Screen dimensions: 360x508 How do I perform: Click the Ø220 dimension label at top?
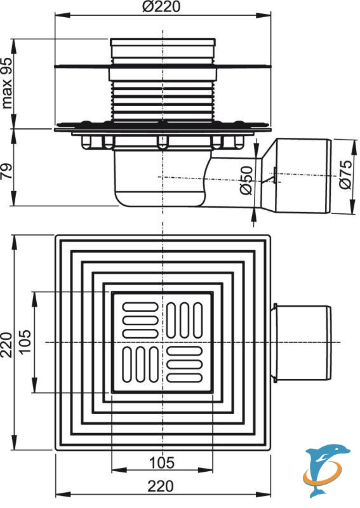coord(161,6)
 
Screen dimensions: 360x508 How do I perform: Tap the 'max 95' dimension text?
coord(7,83)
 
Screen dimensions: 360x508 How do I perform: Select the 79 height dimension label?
coord(7,171)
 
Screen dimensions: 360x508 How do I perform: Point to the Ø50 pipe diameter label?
coord(246,180)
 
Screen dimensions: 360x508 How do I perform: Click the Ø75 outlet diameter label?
coord(345,174)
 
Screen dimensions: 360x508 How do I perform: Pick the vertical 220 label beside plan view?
coord(7,345)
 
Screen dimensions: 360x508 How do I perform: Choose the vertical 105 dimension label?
coord(25,341)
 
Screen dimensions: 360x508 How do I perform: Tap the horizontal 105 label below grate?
coord(162,463)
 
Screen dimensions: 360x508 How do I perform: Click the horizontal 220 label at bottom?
coord(161,486)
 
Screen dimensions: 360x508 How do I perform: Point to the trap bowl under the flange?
coord(160,178)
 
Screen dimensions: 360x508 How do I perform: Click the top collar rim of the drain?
coord(163,42)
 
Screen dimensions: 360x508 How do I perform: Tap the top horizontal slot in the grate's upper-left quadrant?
coord(140,307)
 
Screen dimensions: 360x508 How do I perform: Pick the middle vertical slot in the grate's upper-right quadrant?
coord(184,321)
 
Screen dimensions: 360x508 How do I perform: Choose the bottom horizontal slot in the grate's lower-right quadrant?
coord(184,378)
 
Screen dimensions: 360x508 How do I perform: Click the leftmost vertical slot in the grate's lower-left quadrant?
coord(127,364)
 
